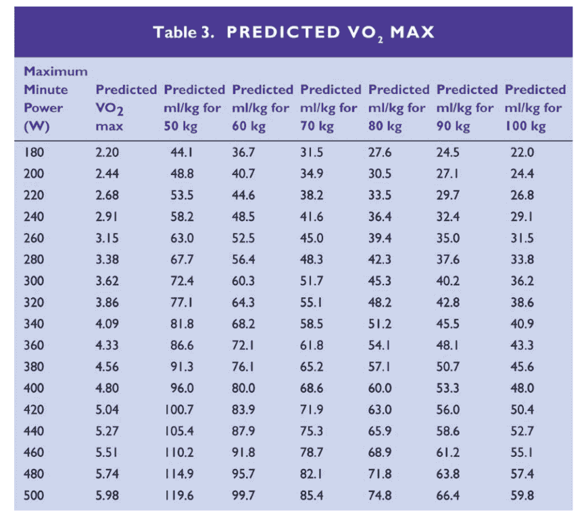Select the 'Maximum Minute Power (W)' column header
pos(55,98)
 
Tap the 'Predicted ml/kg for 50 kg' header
pos(194,107)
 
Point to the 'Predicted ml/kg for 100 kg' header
pos(535,107)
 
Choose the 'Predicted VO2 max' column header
pos(126,107)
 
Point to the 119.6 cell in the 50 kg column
pos(179,495)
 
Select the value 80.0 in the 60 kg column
pos(243,388)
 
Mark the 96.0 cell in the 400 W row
pos(181,388)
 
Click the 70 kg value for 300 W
pos(311,259)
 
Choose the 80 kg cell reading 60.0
pos(379,388)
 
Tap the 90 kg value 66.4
pos(447,495)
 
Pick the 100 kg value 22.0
pos(522,153)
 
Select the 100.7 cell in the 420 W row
pos(179,410)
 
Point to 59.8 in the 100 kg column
pos(522,495)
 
